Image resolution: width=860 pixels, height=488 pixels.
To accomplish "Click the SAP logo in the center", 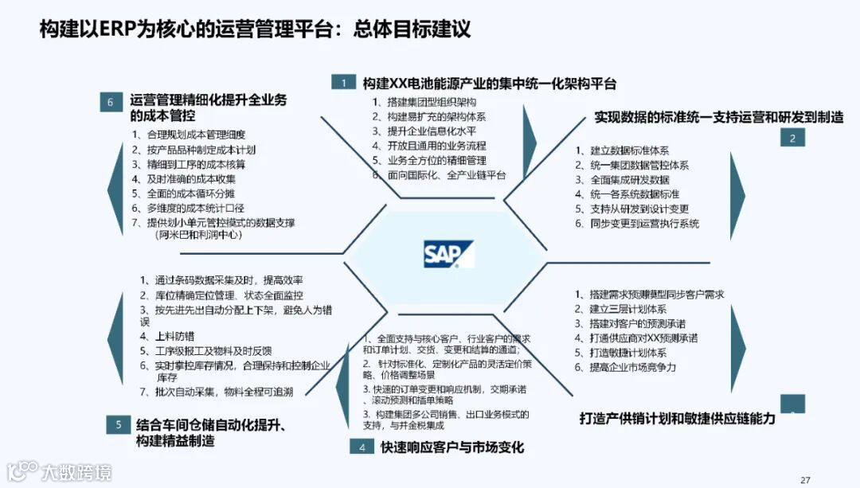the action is [x=448, y=254].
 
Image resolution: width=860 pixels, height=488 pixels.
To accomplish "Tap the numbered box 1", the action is [x=343, y=83].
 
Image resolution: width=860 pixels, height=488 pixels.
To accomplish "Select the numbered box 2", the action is [x=792, y=138].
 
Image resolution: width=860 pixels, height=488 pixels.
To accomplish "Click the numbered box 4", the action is [x=362, y=447].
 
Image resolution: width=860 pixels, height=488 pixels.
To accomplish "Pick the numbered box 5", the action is [x=118, y=424].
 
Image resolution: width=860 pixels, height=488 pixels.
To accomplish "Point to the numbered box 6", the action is [x=111, y=101].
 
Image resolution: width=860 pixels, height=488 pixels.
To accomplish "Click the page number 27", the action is [x=805, y=479].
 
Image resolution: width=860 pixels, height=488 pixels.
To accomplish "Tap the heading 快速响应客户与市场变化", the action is [x=451, y=447].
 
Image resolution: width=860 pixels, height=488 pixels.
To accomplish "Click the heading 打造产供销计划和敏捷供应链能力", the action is [x=677, y=418].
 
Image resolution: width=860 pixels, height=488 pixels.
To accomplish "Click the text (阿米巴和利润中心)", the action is [x=198, y=236].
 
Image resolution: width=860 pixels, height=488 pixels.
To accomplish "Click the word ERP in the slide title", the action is [x=118, y=30].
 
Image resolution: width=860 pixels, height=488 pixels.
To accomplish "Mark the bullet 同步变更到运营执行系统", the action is [x=643, y=224].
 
